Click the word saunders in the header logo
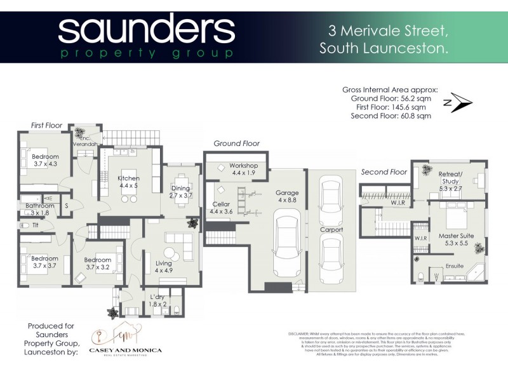(x=147, y=30)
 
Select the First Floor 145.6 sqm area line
(x=391, y=107)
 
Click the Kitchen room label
(x=128, y=182)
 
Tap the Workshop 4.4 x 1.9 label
(x=242, y=169)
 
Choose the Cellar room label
(x=222, y=207)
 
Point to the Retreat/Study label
(x=451, y=178)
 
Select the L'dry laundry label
(x=157, y=300)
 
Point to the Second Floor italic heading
(x=384, y=172)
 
